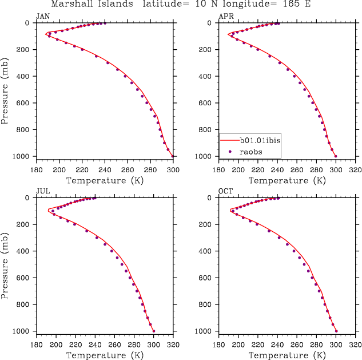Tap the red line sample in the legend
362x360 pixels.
(230, 140)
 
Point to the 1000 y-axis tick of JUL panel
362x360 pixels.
(23, 331)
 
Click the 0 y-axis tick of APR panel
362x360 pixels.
(211, 23)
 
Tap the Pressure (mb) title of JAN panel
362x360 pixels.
(6, 90)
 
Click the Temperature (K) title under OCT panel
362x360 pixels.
(287, 355)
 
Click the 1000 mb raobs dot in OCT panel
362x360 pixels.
(336, 331)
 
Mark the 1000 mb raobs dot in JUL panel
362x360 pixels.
(154, 331)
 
